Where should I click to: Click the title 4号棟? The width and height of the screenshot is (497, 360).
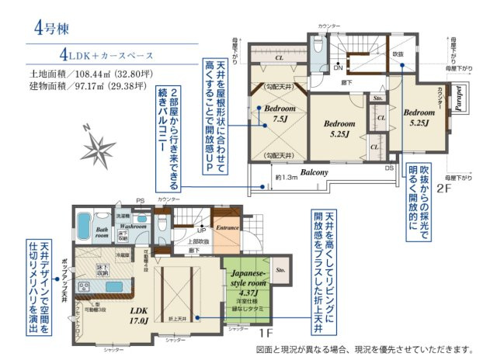51,29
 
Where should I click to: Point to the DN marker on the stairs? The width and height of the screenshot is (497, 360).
338,68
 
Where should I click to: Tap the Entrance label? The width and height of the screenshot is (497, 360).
228,228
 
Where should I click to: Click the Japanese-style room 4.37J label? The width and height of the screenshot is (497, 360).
246,283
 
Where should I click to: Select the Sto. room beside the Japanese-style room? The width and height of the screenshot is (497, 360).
281,272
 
